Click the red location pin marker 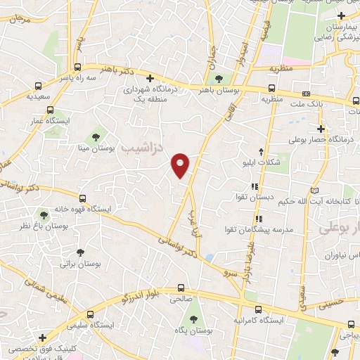pyautogui.click(x=181, y=165)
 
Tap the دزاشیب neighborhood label pyautogui.click(x=141, y=147)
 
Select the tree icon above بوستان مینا pyautogui.click(x=96, y=136)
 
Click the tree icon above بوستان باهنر pyautogui.click(x=219, y=79)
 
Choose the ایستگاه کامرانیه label pyautogui.click(x=259, y=321)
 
